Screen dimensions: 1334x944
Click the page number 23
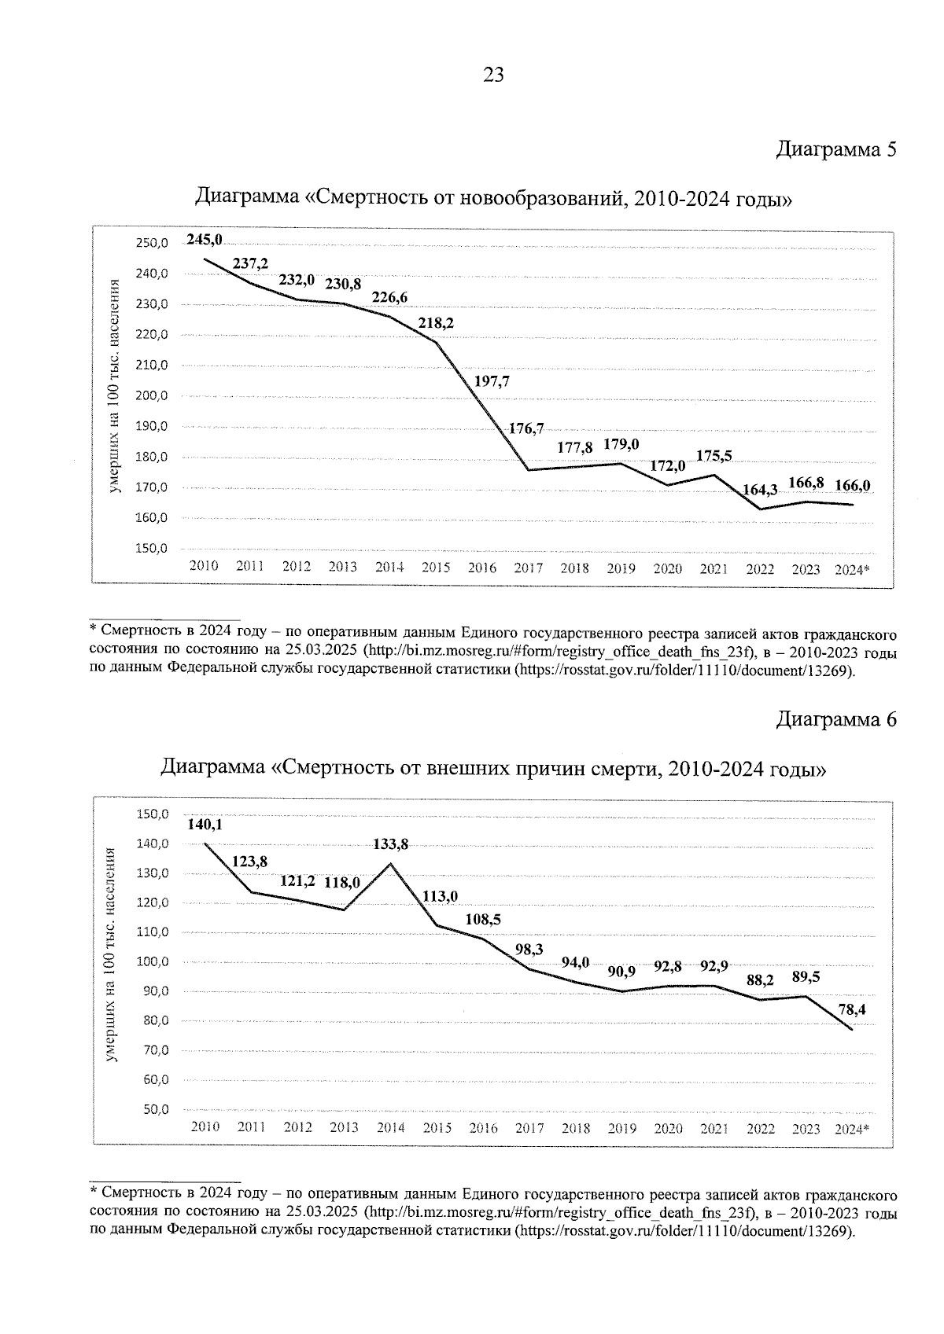(x=493, y=75)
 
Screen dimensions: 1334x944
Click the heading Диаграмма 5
(x=836, y=149)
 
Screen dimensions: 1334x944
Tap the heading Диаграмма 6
(x=836, y=718)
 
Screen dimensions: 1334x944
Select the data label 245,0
(x=205, y=240)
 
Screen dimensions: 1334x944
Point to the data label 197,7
(x=492, y=381)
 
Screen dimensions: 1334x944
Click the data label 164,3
(x=760, y=490)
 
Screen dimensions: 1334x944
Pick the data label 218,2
(x=436, y=322)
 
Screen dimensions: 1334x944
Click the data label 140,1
(x=205, y=825)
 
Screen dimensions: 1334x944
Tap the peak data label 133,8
(x=391, y=844)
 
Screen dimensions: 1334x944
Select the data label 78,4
(x=853, y=1010)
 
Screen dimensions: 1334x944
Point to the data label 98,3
(x=529, y=950)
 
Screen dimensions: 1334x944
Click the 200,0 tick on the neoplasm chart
(x=151, y=395)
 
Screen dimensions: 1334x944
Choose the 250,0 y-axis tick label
(x=151, y=243)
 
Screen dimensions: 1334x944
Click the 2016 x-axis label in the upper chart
(x=482, y=568)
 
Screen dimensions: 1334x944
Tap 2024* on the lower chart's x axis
(x=852, y=1128)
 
